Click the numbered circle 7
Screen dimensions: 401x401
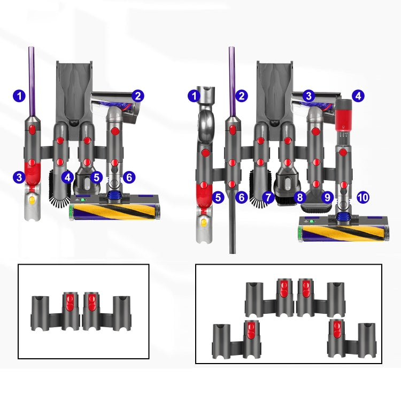[268, 197]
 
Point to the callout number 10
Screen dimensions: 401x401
[363, 197]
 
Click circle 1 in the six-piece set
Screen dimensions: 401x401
[19, 96]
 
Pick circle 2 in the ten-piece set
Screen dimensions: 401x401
[242, 96]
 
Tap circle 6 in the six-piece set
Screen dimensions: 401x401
[128, 176]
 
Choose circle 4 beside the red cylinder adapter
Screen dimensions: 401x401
[358, 96]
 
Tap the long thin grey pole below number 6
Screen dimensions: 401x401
[233, 225]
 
